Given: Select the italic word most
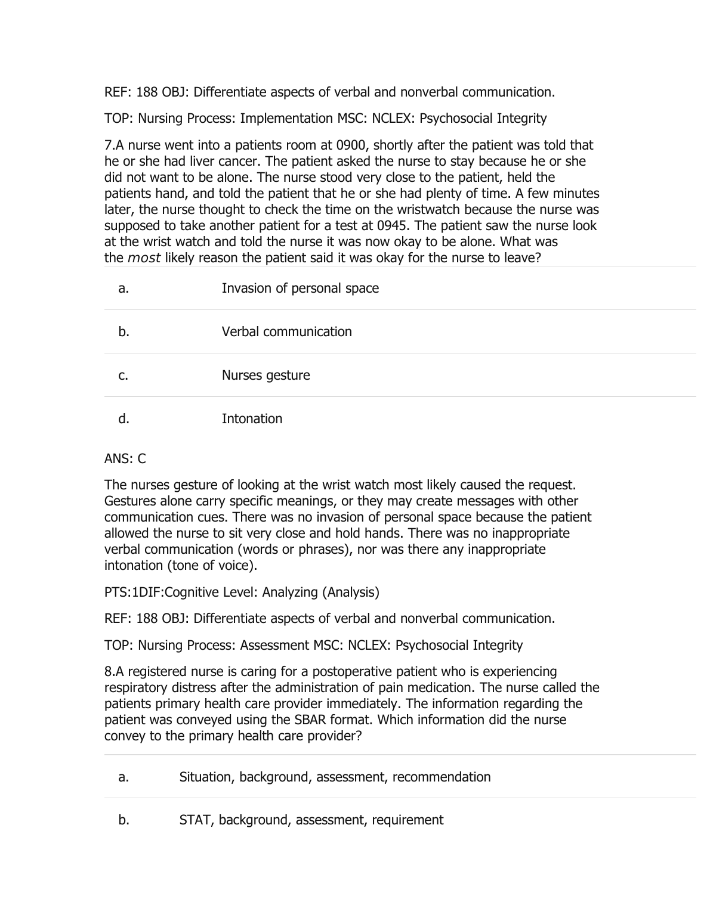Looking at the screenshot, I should pyautogui.click(x=144, y=258).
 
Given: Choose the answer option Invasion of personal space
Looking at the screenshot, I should pyautogui.click(x=300, y=289).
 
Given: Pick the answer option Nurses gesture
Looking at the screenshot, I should pyautogui.click(x=266, y=376).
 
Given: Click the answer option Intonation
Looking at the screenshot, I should pyautogui.click(x=252, y=419).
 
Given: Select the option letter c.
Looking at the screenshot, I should pyautogui.click(x=122, y=376).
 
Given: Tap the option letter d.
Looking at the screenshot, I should pyautogui.click(x=123, y=419).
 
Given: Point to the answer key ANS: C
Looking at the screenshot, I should pyautogui.click(x=125, y=459).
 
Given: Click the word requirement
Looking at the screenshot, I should pyautogui.click(x=408, y=820).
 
